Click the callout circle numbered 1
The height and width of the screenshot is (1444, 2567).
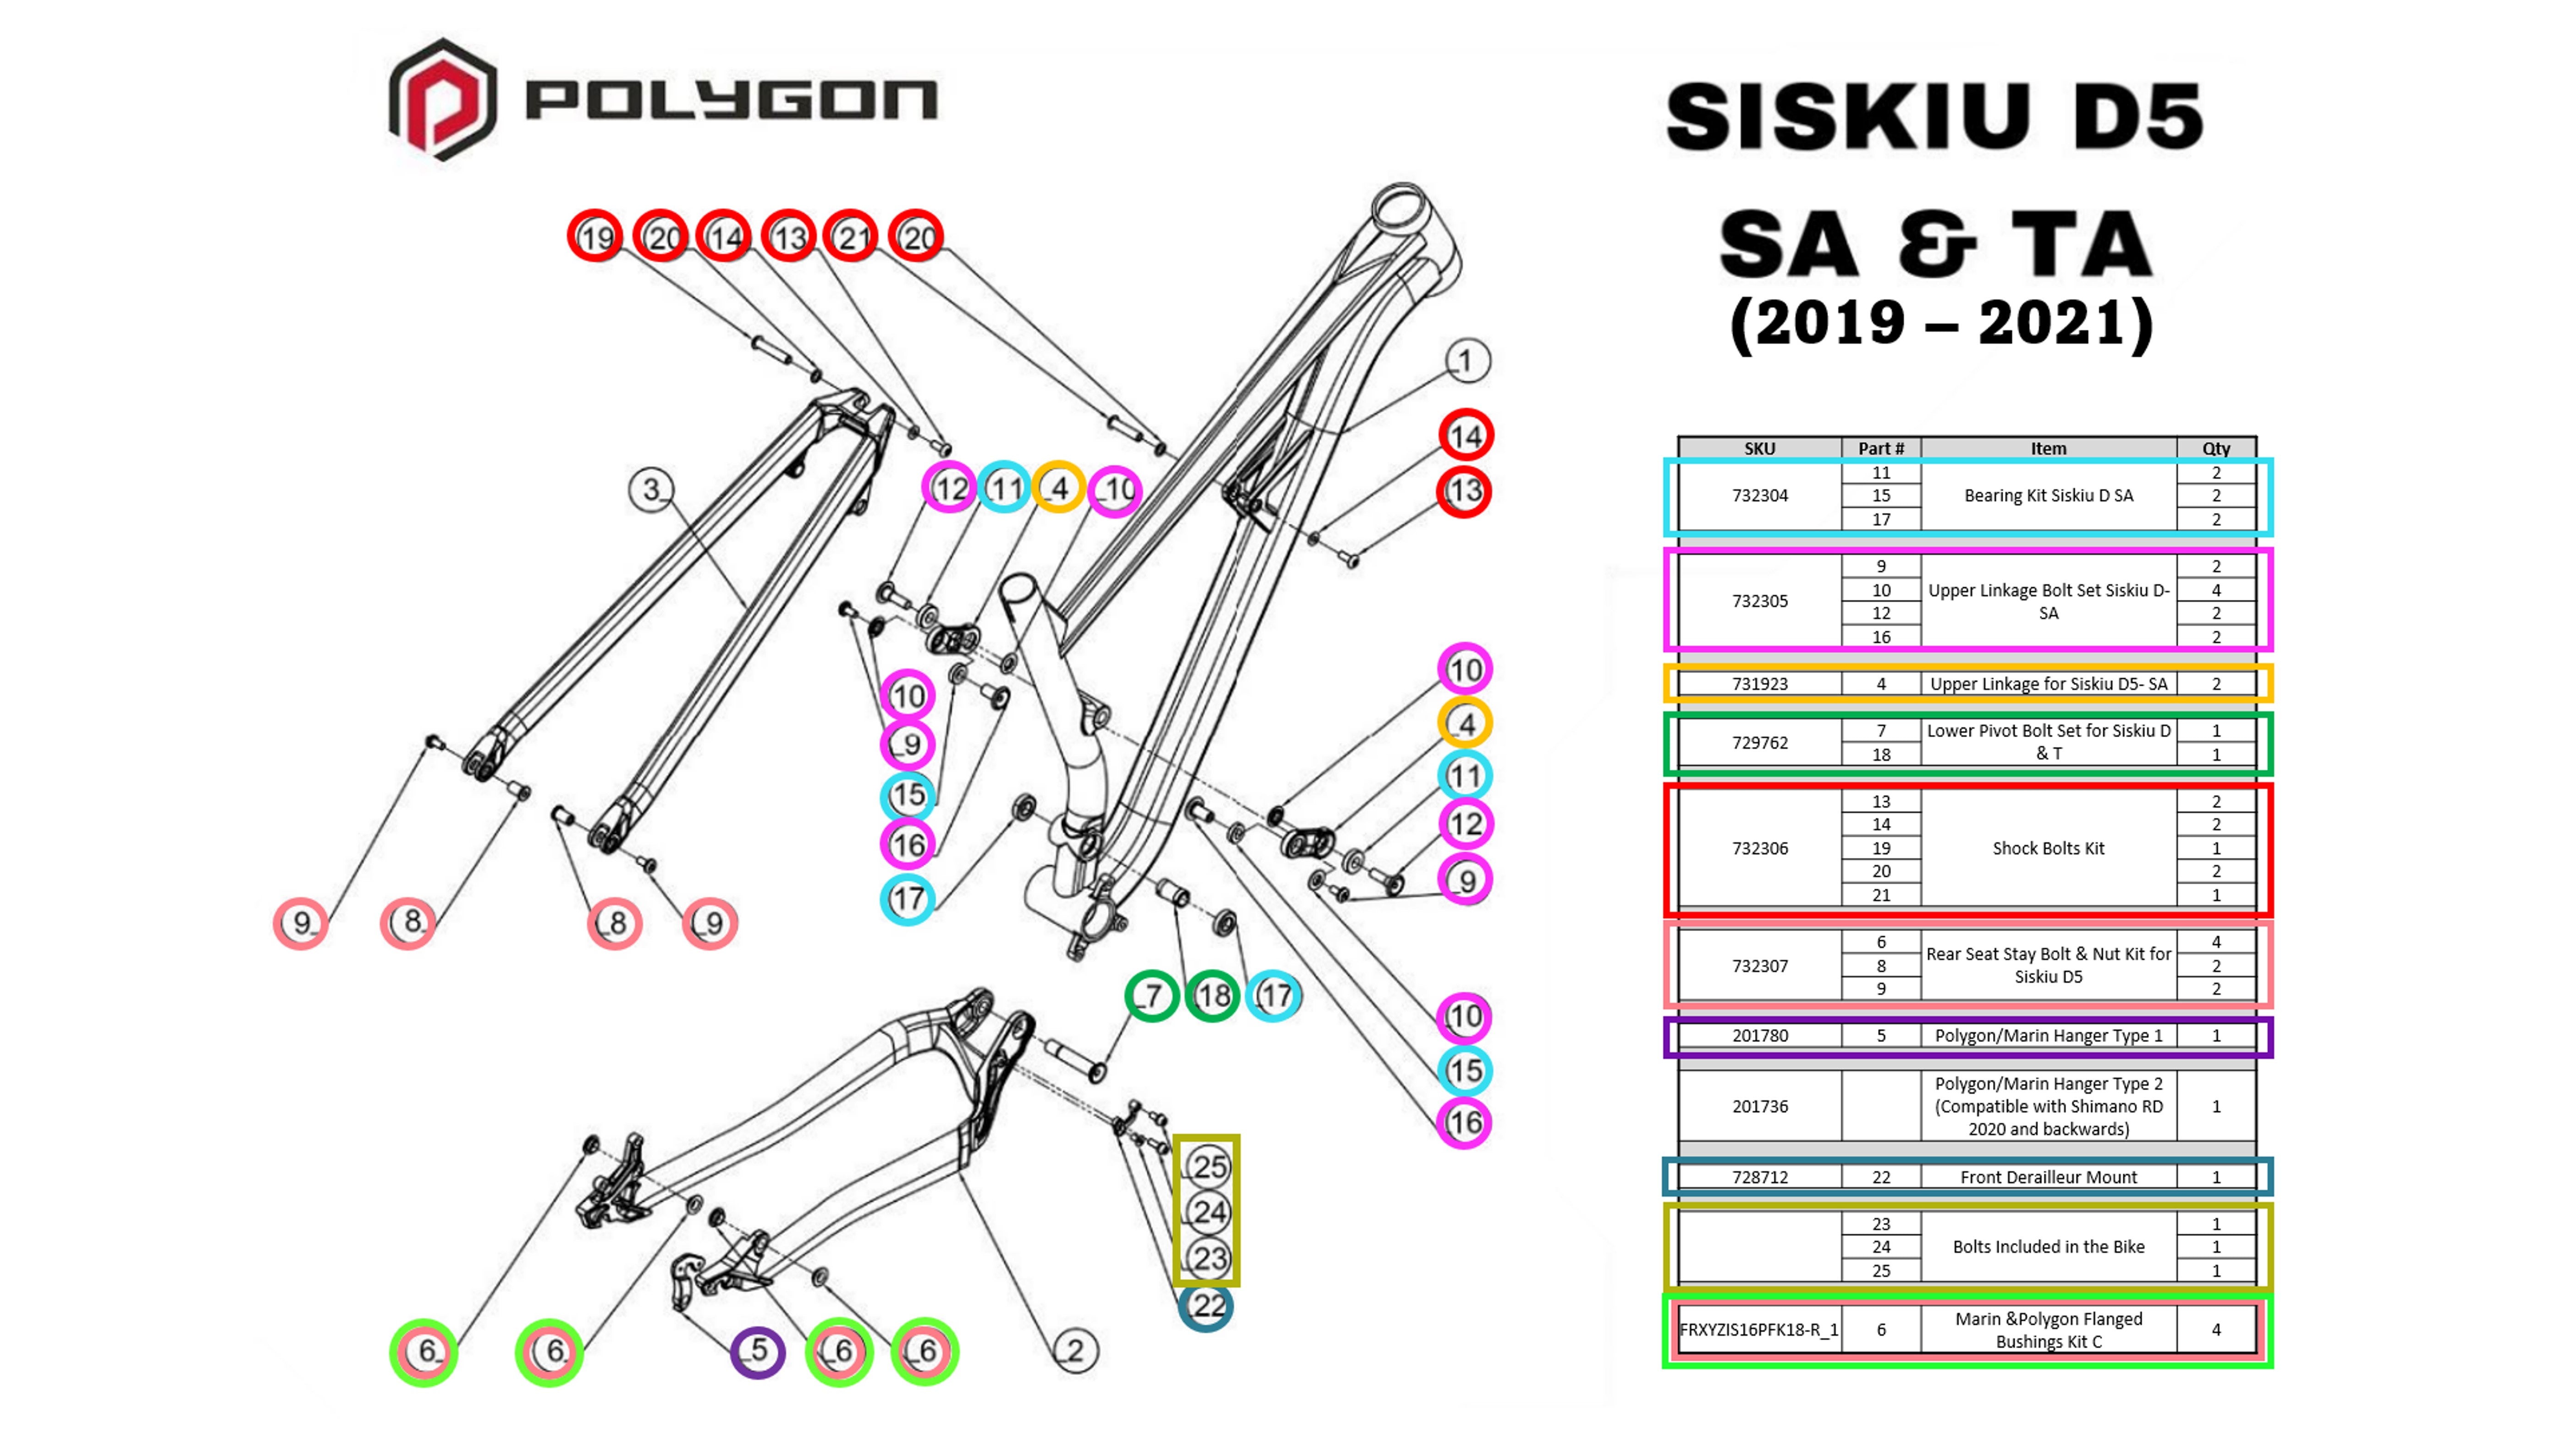click(1466, 361)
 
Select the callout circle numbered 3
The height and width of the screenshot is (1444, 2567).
click(652, 489)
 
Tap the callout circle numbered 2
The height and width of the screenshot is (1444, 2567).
click(1075, 1350)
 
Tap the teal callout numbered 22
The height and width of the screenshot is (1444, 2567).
click(1206, 1306)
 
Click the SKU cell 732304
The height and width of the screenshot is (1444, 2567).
click(1760, 495)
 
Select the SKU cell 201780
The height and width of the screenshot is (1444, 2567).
click(1760, 1036)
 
